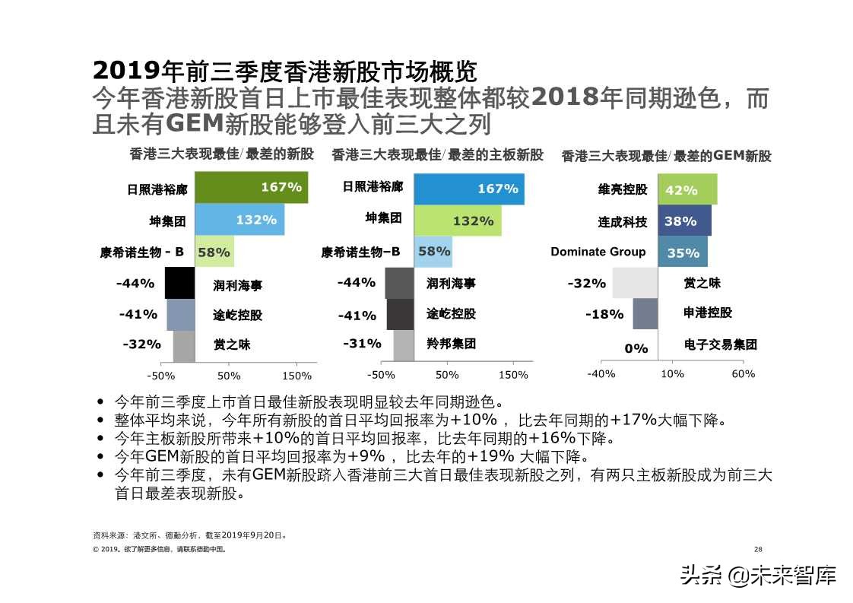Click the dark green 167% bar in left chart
[251, 188]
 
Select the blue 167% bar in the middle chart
[468, 189]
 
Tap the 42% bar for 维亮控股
[687, 190]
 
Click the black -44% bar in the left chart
[180, 284]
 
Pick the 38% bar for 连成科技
[684, 221]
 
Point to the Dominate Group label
[598, 252]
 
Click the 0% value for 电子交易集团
[636, 348]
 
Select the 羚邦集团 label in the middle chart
[451, 344]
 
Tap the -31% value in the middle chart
[362, 344]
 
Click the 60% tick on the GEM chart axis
[743, 374]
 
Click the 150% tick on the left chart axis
[296, 376]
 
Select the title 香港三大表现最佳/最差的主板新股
[437, 155]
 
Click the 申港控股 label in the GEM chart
[708, 313]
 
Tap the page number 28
[757, 549]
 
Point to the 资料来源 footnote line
[189, 535]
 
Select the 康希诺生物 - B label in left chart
[141, 252]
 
